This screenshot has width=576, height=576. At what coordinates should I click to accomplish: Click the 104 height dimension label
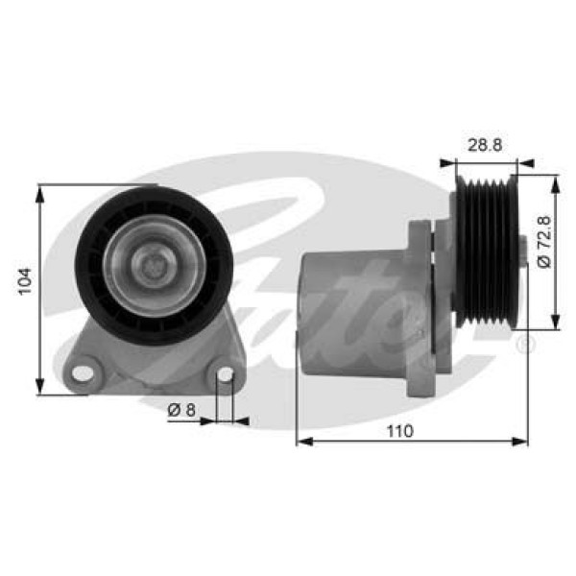(26, 280)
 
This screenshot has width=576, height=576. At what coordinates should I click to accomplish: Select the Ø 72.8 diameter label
(544, 242)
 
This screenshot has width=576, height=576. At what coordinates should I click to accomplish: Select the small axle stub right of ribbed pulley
(521, 252)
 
